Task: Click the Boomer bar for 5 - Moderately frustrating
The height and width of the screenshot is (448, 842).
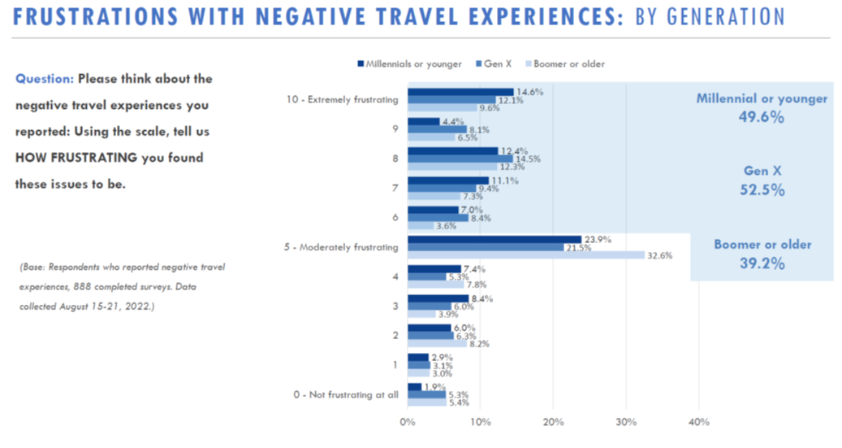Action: point(526,255)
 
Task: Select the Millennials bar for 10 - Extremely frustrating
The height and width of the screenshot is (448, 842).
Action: point(460,92)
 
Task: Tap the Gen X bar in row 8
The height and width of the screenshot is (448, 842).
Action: point(460,159)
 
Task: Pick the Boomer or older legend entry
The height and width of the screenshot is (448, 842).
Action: point(568,63)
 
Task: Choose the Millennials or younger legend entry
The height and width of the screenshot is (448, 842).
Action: point(413,63)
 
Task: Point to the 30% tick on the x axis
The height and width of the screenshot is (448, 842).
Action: point(626,422)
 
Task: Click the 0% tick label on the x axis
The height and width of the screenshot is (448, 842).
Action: point(408,422)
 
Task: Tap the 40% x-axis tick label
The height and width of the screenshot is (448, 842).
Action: point(698,422)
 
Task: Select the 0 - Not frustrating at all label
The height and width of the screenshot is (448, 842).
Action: point(345,394)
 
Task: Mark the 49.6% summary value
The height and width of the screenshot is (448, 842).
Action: point(762,117)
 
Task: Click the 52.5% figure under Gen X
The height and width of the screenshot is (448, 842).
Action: point(762,190)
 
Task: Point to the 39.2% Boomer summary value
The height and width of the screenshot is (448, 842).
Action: point(762,263)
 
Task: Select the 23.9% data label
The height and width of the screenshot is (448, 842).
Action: point(598,239)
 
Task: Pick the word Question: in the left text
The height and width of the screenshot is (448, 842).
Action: point(45,79)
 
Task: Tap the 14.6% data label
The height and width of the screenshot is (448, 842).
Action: point(529,92)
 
